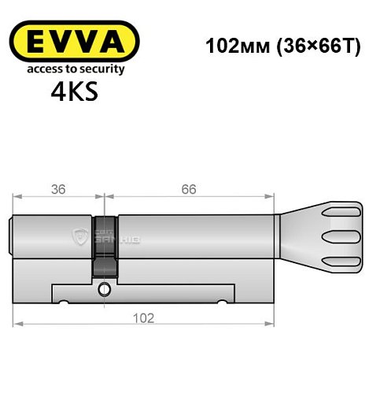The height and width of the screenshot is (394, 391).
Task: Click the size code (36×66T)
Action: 311,46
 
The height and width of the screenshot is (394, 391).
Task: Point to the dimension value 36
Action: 57,188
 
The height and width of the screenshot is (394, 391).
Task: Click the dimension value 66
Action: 186,188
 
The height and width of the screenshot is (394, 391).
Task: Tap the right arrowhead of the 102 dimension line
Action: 275,323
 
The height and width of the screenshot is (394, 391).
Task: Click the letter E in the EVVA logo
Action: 31,41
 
